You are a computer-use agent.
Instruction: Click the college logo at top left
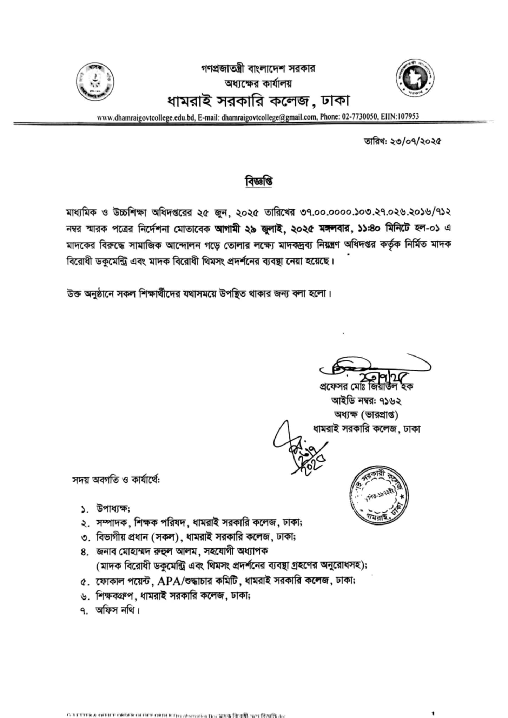tap(95, 82)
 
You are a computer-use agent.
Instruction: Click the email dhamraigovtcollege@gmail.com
tap(269, 117)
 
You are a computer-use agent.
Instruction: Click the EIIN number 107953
tap(407, 116)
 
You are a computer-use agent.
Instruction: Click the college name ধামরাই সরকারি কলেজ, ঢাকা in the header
tap(258, 101)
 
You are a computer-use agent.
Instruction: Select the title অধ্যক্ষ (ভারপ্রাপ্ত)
tap(366, 415)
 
